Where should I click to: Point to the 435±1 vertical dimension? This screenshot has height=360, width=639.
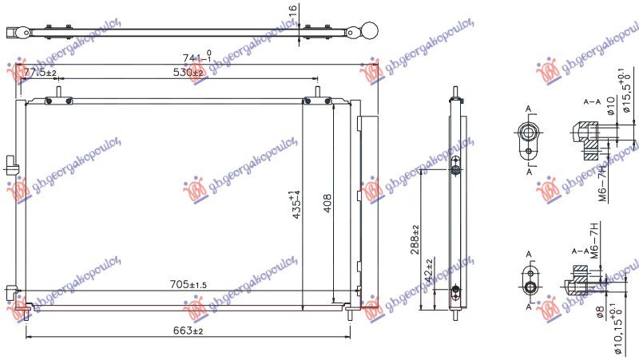pyautogui.click(x=296, y=205)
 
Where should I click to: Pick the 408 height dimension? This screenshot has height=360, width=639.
pyautogui.click(x=327, y=205)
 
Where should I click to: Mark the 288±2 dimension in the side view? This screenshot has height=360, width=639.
pyautogui.click(x=415, y=239)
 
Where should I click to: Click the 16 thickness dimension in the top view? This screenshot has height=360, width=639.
pyautogui.click(x=293, y=11)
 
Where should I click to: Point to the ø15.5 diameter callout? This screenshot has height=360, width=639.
pyautogui.click(x=623, y=94)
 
